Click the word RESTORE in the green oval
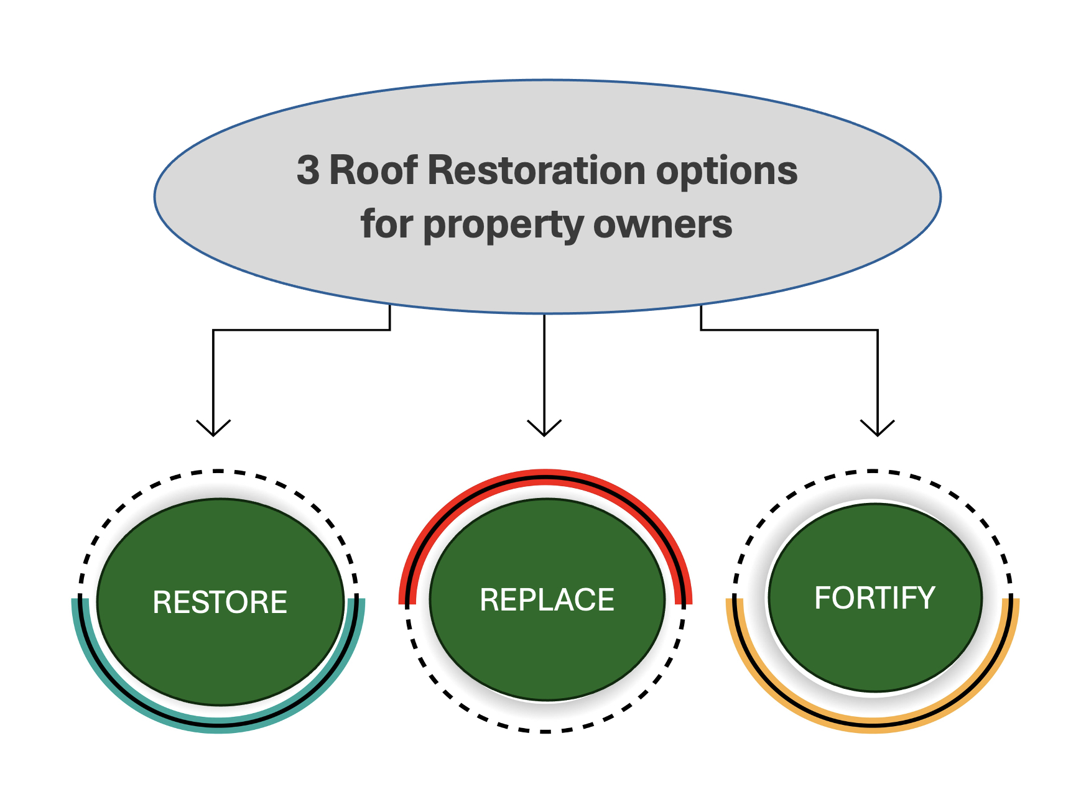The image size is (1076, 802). (220, 602)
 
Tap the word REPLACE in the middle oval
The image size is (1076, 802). (547, 600)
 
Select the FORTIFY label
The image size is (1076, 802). (874, 598)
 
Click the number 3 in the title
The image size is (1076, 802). (308, 170)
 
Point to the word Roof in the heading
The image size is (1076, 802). (373, 170)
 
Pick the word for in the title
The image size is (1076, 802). (386, 224)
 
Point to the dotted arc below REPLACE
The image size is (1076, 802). (545, 731)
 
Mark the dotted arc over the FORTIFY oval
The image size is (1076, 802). (873, 472)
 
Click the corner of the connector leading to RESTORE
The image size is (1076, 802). (213, 330)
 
